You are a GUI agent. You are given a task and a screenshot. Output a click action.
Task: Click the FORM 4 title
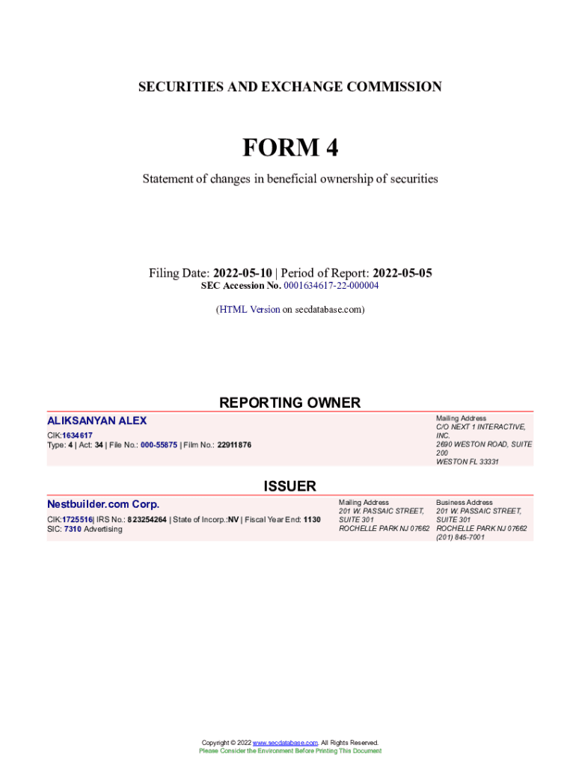pyautogui.click(x=289, y=148)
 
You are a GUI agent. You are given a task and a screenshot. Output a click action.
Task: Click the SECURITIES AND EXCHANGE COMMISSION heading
pyautogui.click(x=289, y=87)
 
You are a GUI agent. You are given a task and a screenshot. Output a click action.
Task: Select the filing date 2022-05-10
pyautogui.click(x=242, y=273)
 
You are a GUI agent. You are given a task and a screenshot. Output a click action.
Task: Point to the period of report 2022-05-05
pyautogui.click(x=402, y=273)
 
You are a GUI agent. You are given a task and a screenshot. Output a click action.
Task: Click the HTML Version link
pyautogui.click(x=249, y=309)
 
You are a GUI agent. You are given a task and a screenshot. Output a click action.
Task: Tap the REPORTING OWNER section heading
pyautogui.click(x=289, y=402)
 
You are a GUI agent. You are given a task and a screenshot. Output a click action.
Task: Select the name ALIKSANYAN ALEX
pyautogui.click(x=97, y=421)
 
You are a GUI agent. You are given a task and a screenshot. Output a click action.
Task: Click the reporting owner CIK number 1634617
pyautogui.click(x=77, y=435)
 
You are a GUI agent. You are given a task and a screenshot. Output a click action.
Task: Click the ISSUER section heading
pyautogui.click(x=289, y=486)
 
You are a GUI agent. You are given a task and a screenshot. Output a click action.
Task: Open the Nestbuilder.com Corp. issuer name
pyautogui.click(x=103, y=504)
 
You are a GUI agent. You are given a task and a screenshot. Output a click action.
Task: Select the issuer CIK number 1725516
pyautogui.click(x=77, y=519)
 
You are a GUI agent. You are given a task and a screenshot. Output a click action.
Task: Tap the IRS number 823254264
pyautogui.click(x=147, y=519)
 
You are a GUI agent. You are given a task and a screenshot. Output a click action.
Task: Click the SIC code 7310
pyautogui.click(x=73, y=529)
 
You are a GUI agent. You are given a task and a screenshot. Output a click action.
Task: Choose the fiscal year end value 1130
pyautogui.click(x=312, y=519)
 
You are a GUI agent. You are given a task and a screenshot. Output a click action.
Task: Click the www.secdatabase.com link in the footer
pyautogui.click(x=286, y=743)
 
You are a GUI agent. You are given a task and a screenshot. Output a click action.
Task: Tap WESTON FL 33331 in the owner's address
pyautogui.click(x=468, y=462)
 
